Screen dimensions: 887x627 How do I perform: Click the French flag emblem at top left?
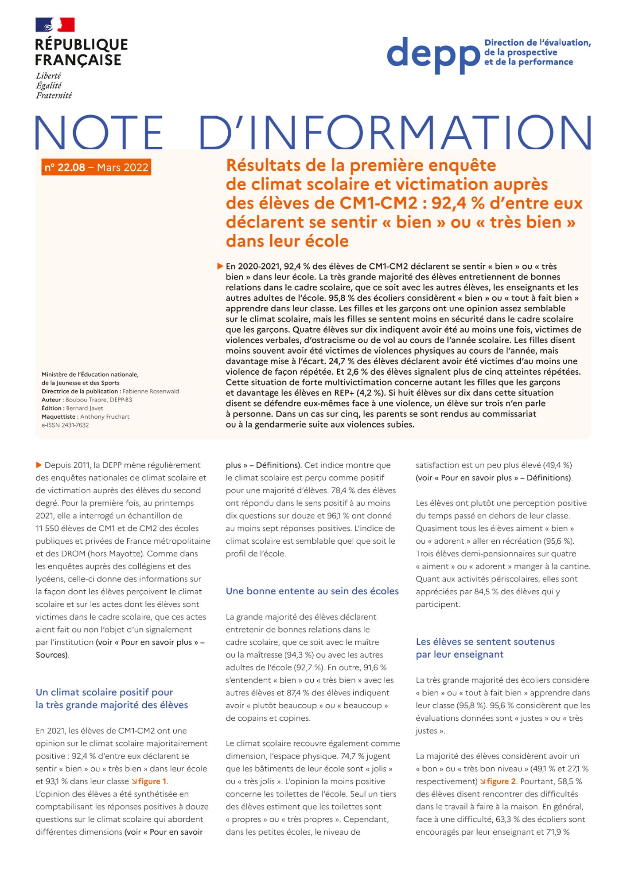coord(55,25)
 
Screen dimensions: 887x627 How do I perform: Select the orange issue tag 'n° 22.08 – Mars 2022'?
coord(96,167)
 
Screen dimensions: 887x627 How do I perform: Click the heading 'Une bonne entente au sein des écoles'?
coord(312,591)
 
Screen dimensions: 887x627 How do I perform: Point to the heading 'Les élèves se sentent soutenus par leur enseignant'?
coord(485,648)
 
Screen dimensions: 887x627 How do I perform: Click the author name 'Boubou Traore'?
coord(86,400)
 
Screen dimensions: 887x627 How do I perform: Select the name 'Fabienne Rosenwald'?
coord(151,391)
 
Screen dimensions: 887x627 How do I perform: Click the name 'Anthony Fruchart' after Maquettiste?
coord(105,416)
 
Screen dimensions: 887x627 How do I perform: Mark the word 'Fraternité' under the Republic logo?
coord(54,95)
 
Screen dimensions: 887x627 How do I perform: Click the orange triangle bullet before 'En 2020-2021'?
coord(220,266)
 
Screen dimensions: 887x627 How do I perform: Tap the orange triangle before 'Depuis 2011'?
coord(39,465)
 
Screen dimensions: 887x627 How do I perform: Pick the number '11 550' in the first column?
coord(49,528)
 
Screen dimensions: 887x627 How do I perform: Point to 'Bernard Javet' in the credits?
coord(85,408)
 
